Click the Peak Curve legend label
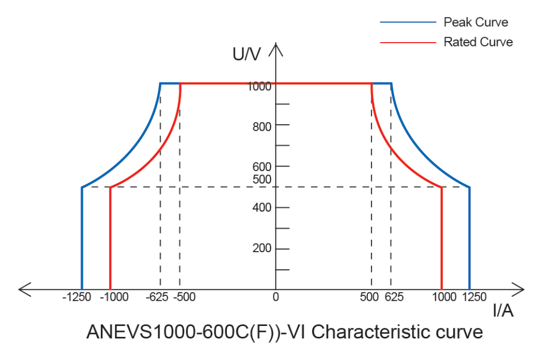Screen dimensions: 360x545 click(x=475, y=22)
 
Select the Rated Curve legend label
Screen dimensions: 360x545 click(x=478, y=42)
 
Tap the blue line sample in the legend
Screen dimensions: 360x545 click(x=407, y=22)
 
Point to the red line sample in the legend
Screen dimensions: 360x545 click(x=407, y=43)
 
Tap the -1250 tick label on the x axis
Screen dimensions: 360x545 click(x=77, y=297)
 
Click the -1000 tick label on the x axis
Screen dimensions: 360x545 click(x=114, y=297)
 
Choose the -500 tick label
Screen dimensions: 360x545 click(x=184, y=297)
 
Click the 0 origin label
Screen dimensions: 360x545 click(x=276, y=297)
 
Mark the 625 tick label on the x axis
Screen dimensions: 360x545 click(x=394, y=297)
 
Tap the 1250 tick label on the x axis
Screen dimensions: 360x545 click(x=474, y=297)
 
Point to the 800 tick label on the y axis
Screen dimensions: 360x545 click(x=262, y=126)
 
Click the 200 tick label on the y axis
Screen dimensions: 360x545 click(x=262, y=249)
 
